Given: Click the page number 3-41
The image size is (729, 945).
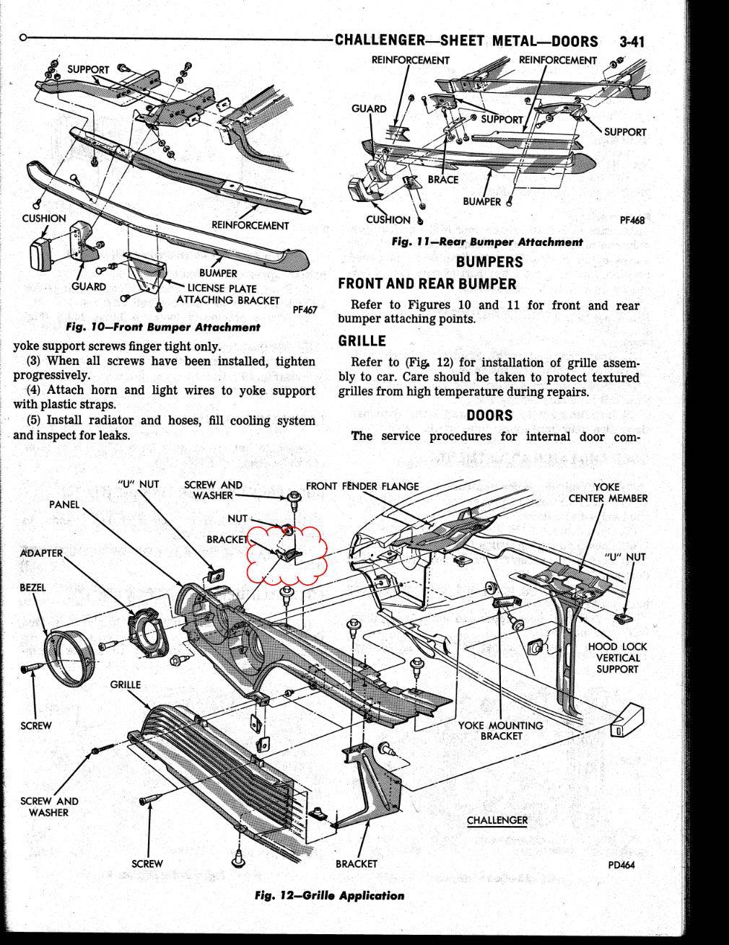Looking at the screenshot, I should click(x=631, y=41).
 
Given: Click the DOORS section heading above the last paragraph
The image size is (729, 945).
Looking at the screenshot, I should click(x=489, y=416).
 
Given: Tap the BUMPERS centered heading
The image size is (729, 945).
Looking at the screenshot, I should click(x=489, y=262).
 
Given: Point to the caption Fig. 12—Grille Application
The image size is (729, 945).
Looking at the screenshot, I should click(x=329, y=895).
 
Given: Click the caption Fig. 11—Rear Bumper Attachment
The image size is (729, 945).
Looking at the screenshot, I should click(x=486, y=242).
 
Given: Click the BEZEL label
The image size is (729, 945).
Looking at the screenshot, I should click(x=32, y=587).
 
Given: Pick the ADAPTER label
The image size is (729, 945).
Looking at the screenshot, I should click(x=41, y=553).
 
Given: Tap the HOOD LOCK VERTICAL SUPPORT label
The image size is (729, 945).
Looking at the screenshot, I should click(x=617, y=658).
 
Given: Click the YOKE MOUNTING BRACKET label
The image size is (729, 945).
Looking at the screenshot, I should click(x=500, y=730).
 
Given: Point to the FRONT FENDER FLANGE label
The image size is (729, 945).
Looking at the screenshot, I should click(x=362, y=486).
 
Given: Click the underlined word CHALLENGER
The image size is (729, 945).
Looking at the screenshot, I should click(x=497, y=820).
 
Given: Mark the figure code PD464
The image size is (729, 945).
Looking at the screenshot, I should click(x=621, y=866).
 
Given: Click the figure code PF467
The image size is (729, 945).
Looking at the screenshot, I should click(x=305, y=310).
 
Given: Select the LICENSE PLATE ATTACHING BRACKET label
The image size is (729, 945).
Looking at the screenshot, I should click(x=227, y=294).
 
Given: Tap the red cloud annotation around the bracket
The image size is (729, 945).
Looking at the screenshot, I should click(x=287, y=553).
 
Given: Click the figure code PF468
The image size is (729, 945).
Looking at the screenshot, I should click(x=632, y=221).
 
